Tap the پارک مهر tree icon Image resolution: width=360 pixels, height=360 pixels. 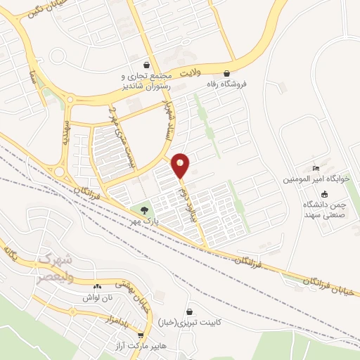click(x=145, y=209)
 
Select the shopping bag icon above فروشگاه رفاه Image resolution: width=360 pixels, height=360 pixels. click(x=226, y=72)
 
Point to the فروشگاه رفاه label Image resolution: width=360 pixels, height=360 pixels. click(x=226, y=83)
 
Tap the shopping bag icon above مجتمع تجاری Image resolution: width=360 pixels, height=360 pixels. click(x=146, y=65)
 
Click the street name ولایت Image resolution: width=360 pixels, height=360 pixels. click(x=191, y=72)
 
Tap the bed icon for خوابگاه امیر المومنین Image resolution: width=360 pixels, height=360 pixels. click(x=316, y=168)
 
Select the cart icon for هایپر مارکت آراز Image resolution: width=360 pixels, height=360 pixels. click(x=141, y=335)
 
